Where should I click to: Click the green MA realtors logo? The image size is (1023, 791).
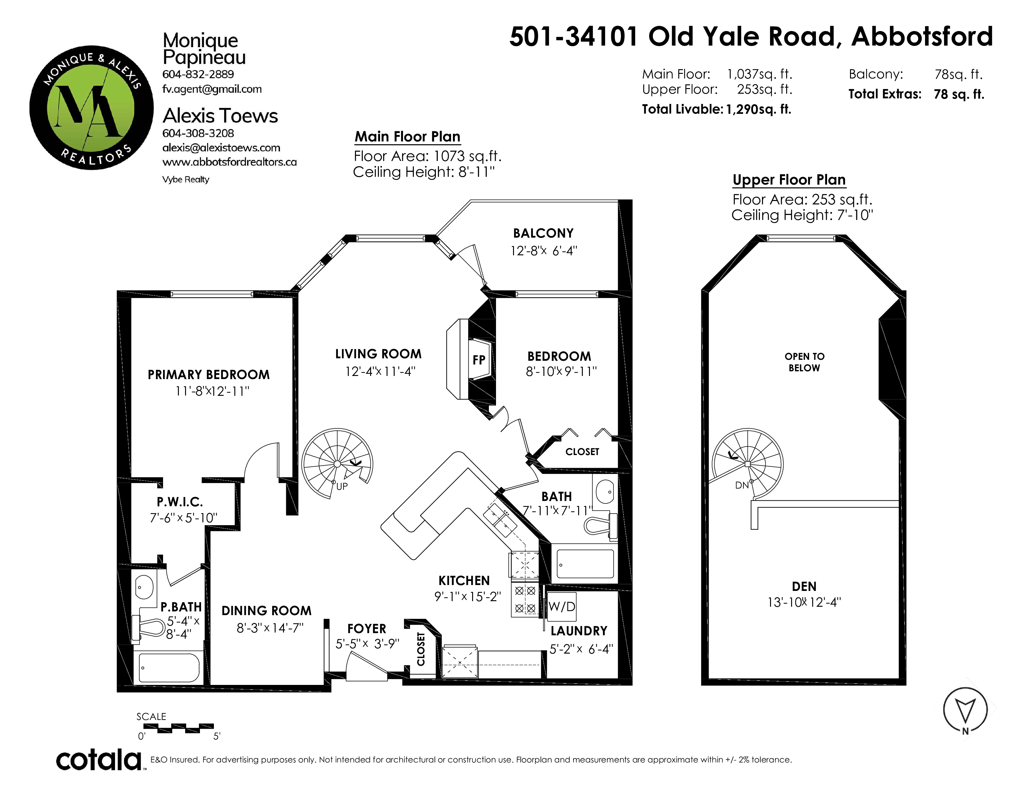pyautogui.click(x=91, y=108)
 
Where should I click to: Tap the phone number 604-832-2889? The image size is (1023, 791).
pyautogui.click(x=198, y=74)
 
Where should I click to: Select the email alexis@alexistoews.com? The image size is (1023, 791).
pyautogui.click(x=221, y=148)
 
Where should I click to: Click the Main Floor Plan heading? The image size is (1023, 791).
pyautogui.click(x=408, y=136)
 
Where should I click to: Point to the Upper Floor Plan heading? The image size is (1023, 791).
pyautogui.click(x=789, y=180)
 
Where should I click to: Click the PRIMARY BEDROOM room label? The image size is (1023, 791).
pyautogui.click(x=209, y=375)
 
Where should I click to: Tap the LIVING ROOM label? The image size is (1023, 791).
pyautogui.click(x=379, y=354)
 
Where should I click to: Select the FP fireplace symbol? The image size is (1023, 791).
pyautogui.click(x=479, y=360)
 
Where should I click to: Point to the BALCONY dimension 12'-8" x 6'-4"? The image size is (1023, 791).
pyautogui.click(x=544, y=251)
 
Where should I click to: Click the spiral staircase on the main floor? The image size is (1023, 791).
pyautogui.click(x=337, y=464)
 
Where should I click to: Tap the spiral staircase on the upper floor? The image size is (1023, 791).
pyautogui.click(x=748, y=464)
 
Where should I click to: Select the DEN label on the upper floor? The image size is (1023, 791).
pyautogui.click(x=804, y=586)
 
